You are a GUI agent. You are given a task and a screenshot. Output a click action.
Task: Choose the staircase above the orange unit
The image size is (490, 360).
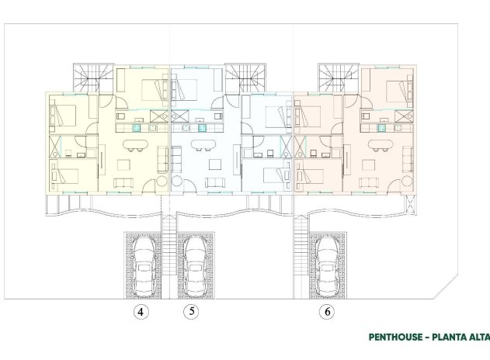(334, 78)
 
